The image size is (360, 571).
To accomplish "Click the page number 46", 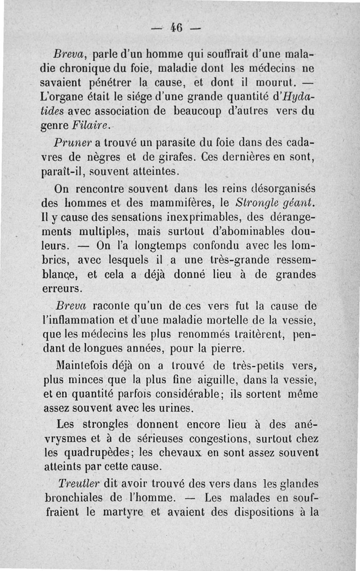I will click(176, 28).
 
